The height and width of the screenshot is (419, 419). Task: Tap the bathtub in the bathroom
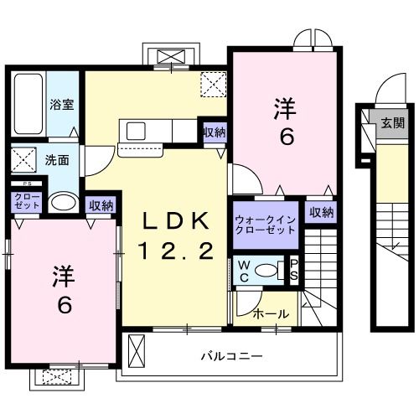pyautogui.click(x=28, y=102)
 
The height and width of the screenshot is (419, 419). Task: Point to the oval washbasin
pyautogui.click(x=62, y=202)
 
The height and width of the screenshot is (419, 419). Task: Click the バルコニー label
pyautogui.click(x=231, y=355)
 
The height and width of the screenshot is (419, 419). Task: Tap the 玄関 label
pyautogui.click(x=391, y=122)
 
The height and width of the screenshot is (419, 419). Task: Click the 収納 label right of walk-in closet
pyautogui.click(x=321, y=212)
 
